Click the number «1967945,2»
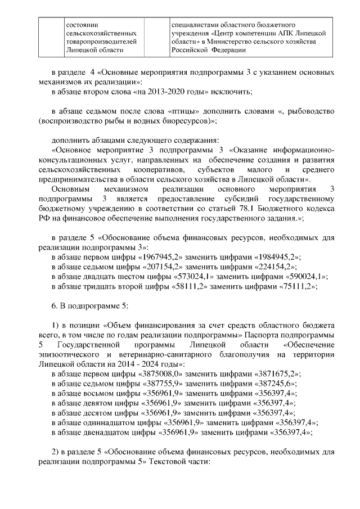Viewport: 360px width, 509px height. (158, 257)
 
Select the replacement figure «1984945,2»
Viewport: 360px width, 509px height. (278, 257)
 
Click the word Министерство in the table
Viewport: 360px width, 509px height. (236, 42)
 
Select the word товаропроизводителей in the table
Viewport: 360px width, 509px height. (101, 42)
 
